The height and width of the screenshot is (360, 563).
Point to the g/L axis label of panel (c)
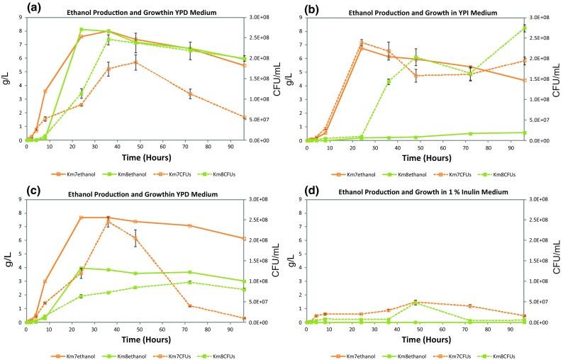[8, 261]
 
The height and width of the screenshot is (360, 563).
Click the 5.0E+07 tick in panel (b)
[540, 120]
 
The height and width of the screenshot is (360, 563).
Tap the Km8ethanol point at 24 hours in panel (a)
[82, 29]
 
